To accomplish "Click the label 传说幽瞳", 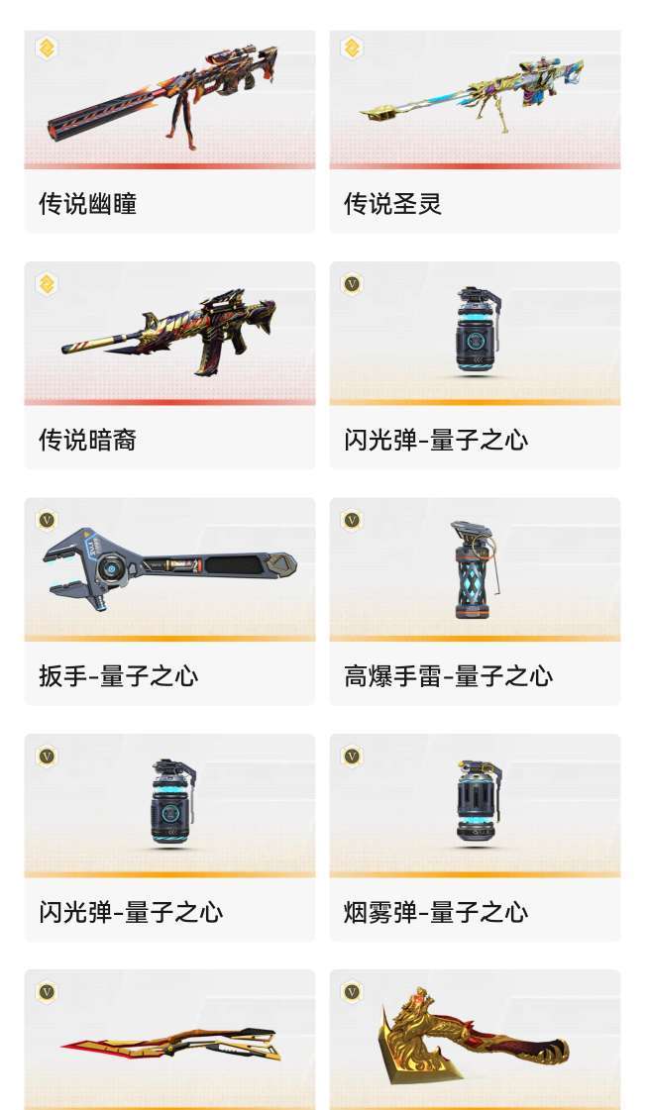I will click(87, 204).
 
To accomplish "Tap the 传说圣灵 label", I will click(392, 204).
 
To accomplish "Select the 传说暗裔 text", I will click(87, 440).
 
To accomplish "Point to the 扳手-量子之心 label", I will click(118, 676).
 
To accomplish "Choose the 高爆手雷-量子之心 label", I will click(448, 676).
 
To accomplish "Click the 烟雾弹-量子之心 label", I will click(436, 912).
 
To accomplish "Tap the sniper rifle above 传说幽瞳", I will click(163, 94).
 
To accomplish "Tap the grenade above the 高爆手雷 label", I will click(475, 568).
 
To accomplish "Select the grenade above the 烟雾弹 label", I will click(477, 803).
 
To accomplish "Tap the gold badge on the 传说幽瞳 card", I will click(46, 48).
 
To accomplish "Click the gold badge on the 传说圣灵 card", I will click(351, 48).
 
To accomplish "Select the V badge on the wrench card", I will click(46, 520).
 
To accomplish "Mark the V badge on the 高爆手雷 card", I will click(351, 520).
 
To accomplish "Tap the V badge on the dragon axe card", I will click(351, 991).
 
